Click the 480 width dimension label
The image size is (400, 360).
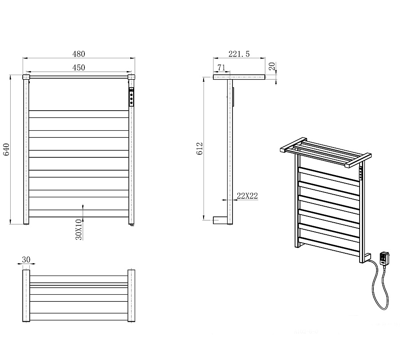tap(79, 54)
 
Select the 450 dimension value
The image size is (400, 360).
tap(79, 68)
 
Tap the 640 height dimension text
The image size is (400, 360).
tap(6, 149)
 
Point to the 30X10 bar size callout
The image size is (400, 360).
tap(79, 230)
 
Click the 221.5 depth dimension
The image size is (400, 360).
tap(239, 54)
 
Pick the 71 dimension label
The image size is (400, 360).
tap(221, 68)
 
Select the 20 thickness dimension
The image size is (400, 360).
tap(272, 66)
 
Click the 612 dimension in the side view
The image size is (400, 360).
tap(200, 148)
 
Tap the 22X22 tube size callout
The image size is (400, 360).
tap(247, 196)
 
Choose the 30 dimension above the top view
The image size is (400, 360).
tap(26, 260)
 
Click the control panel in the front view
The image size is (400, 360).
tap(131, 96)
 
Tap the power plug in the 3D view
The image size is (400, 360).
tap(384, 259)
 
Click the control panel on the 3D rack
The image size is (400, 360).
tap(361, 173)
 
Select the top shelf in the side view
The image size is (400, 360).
tap(239, 77)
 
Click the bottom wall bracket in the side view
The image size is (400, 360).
tap(220, 220)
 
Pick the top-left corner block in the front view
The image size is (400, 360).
tap(26, 77)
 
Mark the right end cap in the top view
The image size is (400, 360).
tap(131, 296)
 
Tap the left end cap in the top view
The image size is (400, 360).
tap(26, 296)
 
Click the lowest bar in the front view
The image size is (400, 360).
tap(79, 213)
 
